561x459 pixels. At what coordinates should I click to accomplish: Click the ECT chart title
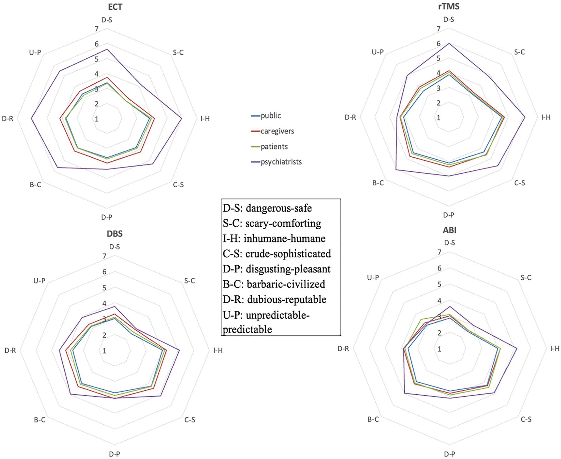pyautogui.click(x=115, y=7)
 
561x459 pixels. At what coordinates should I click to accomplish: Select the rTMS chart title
pyautogui.click(x=448, y=6)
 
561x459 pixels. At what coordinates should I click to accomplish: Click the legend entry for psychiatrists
pyautogui.click(x=281, y=162)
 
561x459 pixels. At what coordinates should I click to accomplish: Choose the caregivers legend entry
pyautogui.click(x=277, y=131)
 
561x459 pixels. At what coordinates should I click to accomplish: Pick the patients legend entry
pyautogui.click(x=274, y=147)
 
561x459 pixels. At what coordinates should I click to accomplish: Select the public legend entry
pyautogui.click(x=271, y=116)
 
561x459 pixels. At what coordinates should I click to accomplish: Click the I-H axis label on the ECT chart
pyautogui.click(x=205, y=119)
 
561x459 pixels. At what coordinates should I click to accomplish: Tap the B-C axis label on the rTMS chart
pyautogui.click(x=378, y=183)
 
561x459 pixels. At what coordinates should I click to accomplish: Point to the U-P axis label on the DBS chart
pyautogui.click(x=39, y=281)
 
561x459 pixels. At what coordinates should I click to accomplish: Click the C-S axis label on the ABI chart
pyautogui.click(x=526, y=420)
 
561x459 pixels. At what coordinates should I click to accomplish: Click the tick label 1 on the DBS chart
pyautogui.click(x=104, y=351)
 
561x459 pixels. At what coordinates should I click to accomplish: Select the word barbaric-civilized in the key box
pyautogui.click(x=286, y=284)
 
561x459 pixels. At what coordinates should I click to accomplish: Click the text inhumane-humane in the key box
pyautogui.click(x=284, y=239)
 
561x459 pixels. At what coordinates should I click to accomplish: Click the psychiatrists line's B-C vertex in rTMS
pyautogui.click(x=396, y=170)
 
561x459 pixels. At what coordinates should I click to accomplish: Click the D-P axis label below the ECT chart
pyautogui.click(x=107, y=217)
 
